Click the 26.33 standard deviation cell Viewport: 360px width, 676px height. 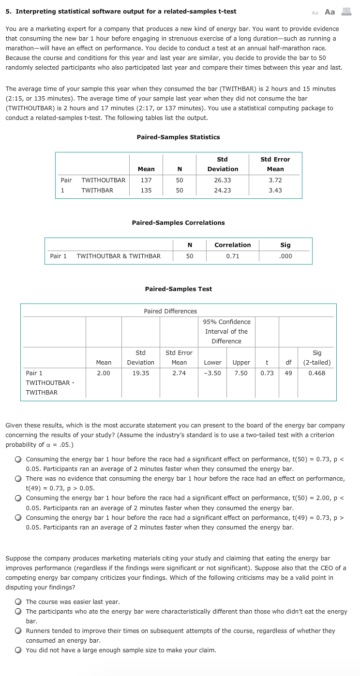pyautogui.click(x=223, y=180)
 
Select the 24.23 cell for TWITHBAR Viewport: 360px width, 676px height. pyautogui.click(x=223, y=191)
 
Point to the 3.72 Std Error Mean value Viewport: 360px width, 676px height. pyautogui.click(x=275, y=180)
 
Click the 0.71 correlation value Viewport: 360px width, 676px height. pyautogui.click(x=233, y=256)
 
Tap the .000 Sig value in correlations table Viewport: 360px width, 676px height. pyautogui.click(x=285, y=256)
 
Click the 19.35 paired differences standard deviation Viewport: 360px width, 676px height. pyautogui.click(x=140, y=373)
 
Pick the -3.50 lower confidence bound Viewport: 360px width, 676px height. pyautogui.click(x=212, y=373)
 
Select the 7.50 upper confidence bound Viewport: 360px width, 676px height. pyautogui.click(x=240, y=373)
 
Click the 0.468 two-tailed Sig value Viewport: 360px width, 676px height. pyautogui.click(x=317, y=373)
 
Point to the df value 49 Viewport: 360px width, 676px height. pyautogui.click(x=288, y=373)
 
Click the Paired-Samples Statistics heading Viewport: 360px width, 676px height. pyautogui.click(x=178, y=137)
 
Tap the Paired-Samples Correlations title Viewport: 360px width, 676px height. pyautogui.click(x=178, y=223)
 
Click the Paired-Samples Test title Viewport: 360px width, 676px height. pyautogui.click(x=178, y=289)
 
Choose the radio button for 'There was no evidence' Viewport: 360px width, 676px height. pyautogui.click(x=18, y=479)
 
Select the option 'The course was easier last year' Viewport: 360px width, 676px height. pyautogui.click(x=18, y=602)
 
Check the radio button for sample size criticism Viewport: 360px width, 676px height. pyautogui.click(x=18, y=650)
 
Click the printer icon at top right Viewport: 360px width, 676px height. pyautogui.click(x=346, y=12)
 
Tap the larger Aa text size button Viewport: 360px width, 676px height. pyautogui.click(x=330, y=12)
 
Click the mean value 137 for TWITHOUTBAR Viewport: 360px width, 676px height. pyautogui.click(x=146, y=180)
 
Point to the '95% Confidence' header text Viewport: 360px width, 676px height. pyautogui.click(x=226, y=322)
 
